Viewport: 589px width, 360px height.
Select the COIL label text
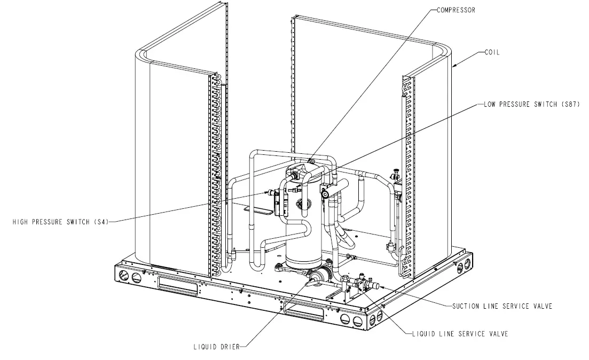pos(492,52)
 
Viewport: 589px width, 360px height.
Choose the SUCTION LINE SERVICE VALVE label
pos(501,306)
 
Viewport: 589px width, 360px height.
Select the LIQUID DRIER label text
pos(217,347)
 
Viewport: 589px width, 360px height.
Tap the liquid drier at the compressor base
pos(318,277)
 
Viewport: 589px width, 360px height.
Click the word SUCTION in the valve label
pos(466,306)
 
